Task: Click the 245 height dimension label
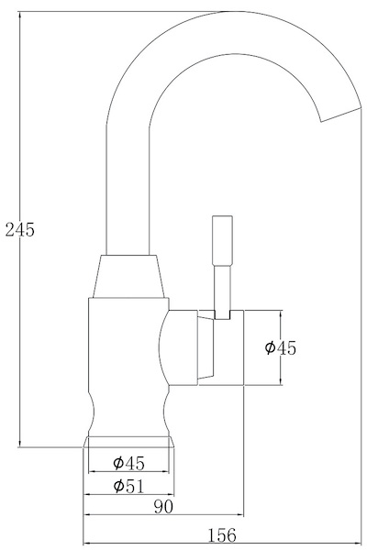click(19, 230)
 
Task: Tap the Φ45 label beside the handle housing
click(280, 347)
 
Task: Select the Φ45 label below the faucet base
click(128, 463)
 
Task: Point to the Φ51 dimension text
click(128, 486)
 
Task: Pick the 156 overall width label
click(222, 534)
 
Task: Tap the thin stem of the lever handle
click(220, 289)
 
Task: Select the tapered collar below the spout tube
click(129, 278)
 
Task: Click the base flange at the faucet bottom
click(129, 443)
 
